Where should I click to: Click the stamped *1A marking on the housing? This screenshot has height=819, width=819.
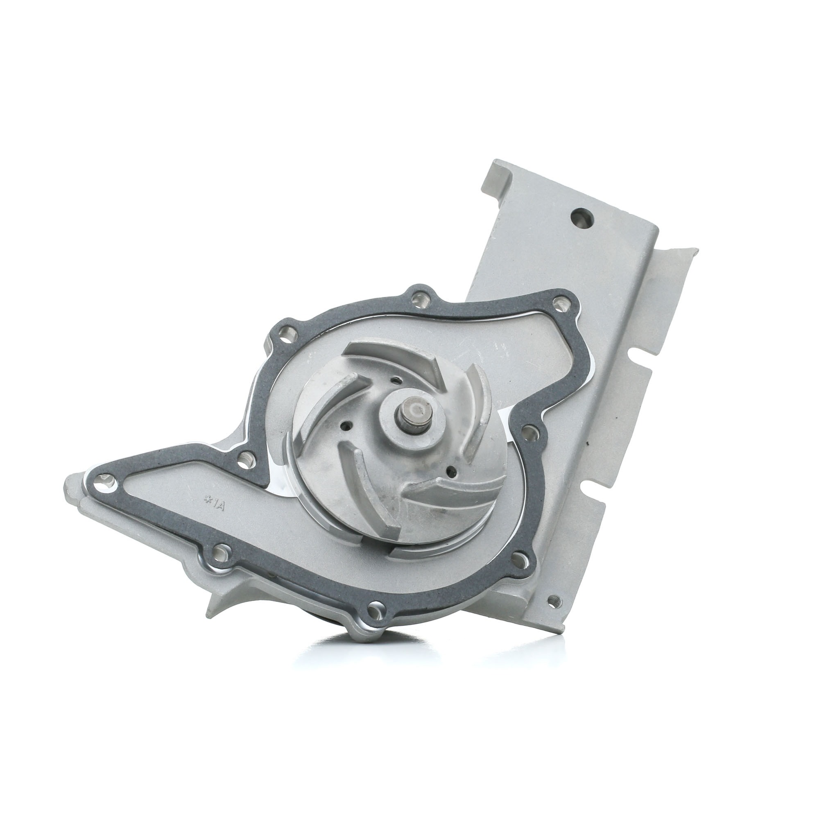pos(214,505)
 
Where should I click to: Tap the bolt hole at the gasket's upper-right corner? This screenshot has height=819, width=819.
pos(563,303)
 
